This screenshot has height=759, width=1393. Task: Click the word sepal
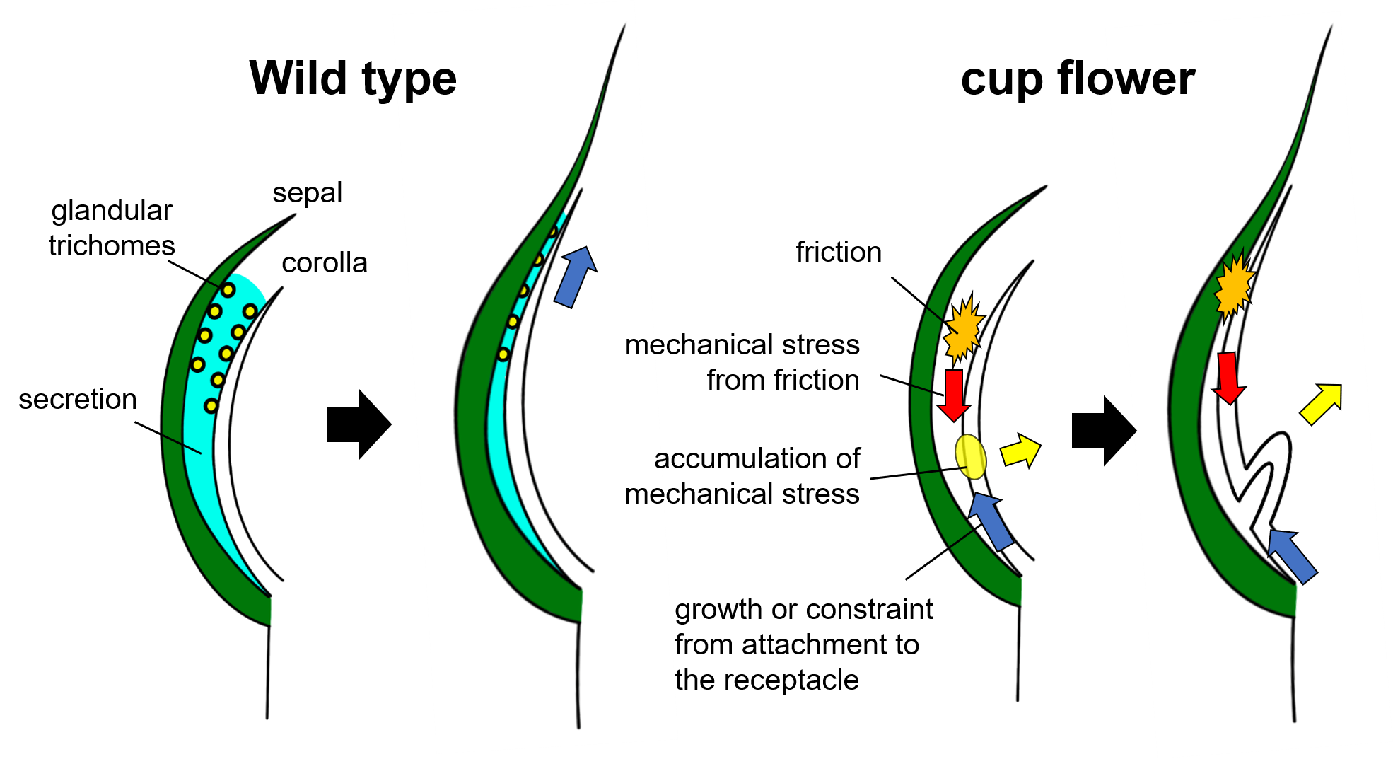[x=307, y=193]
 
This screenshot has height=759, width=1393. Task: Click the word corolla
[x=324, y=263]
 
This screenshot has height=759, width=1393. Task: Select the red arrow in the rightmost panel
[x=1229, y=378]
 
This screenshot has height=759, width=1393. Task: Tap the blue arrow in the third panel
[x=991, y=521]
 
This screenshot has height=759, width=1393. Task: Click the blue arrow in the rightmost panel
[x=1291, y=555]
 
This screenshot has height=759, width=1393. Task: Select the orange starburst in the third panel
[x=963, y=328]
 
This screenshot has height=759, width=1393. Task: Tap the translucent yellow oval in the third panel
[x=971, y=457]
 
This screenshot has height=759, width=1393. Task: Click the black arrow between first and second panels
[x=349, y=424]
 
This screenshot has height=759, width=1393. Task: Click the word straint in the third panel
[x=893, y=610]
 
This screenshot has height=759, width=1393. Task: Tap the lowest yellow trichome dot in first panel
[x=211, y=405]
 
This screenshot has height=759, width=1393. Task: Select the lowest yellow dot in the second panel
[x=503, y=354]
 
